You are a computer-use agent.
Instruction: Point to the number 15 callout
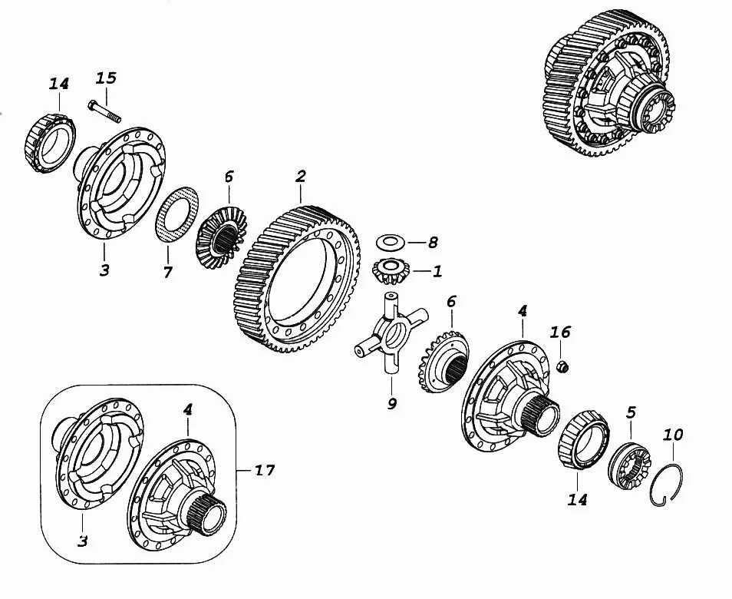106,78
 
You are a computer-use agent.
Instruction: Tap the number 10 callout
673,435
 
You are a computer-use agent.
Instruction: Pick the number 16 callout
561,332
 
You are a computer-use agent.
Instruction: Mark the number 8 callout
433,243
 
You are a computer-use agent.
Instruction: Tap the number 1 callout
437,271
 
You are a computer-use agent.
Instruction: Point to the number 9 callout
392,402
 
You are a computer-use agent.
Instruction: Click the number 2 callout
301,177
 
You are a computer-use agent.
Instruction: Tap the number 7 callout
168,272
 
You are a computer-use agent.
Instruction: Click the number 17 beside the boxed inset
264,468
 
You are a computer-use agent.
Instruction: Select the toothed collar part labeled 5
629,463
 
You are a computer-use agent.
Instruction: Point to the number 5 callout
631,412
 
